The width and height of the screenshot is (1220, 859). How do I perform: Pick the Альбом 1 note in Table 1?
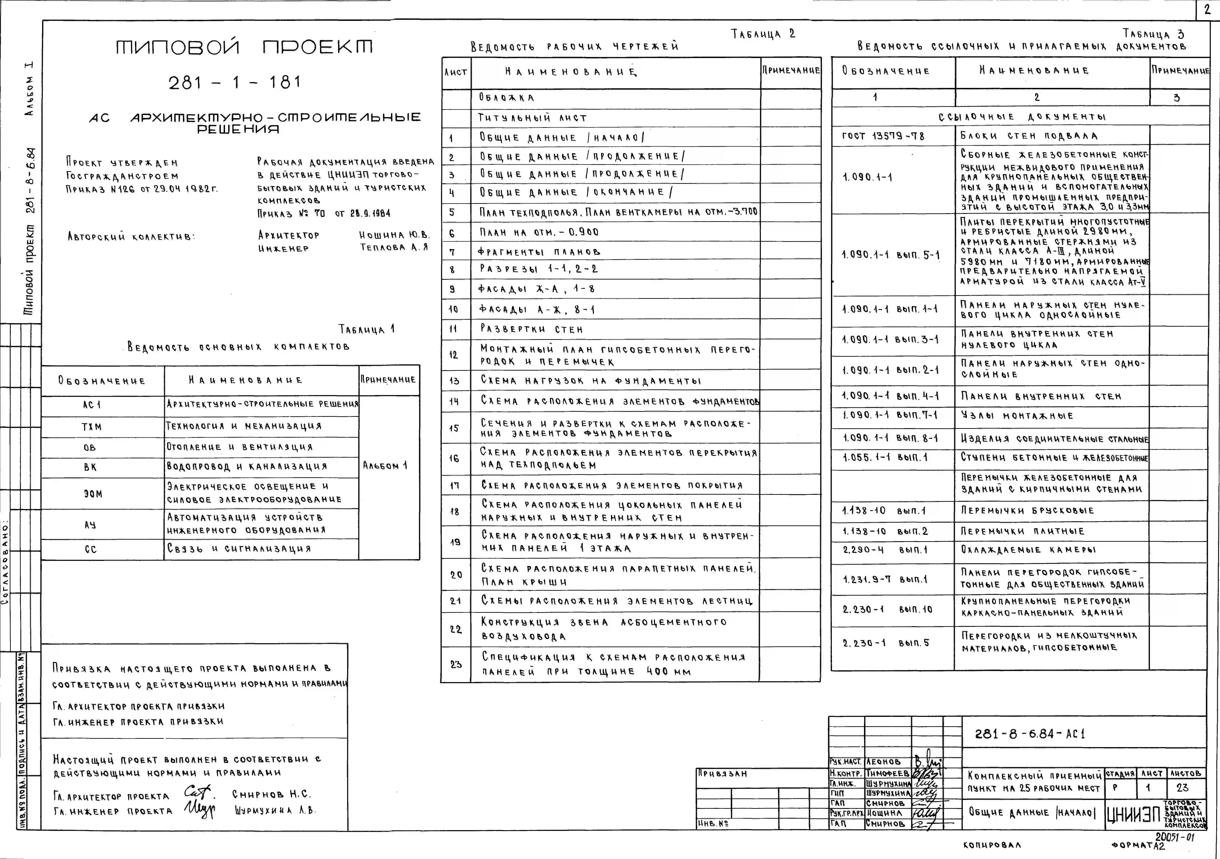tap(385, 466)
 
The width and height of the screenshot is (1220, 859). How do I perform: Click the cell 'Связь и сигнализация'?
tap(239, 549)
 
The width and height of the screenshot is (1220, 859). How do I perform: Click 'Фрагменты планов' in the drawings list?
tap(539, 252)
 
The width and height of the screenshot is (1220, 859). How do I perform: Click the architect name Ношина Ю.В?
tap(394, 235)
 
